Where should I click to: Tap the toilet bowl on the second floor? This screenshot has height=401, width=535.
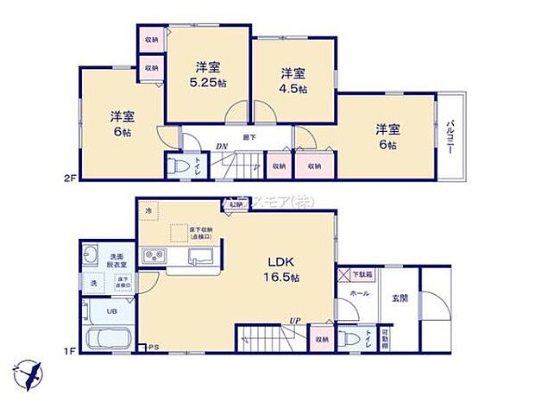pos(176,164)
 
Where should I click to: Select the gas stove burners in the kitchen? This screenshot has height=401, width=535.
pos(155,256)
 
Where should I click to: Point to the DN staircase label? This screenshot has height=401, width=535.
pos(222,146)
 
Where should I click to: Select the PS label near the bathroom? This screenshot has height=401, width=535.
pos(154,348)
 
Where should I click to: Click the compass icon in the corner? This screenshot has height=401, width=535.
pos(31,373)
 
